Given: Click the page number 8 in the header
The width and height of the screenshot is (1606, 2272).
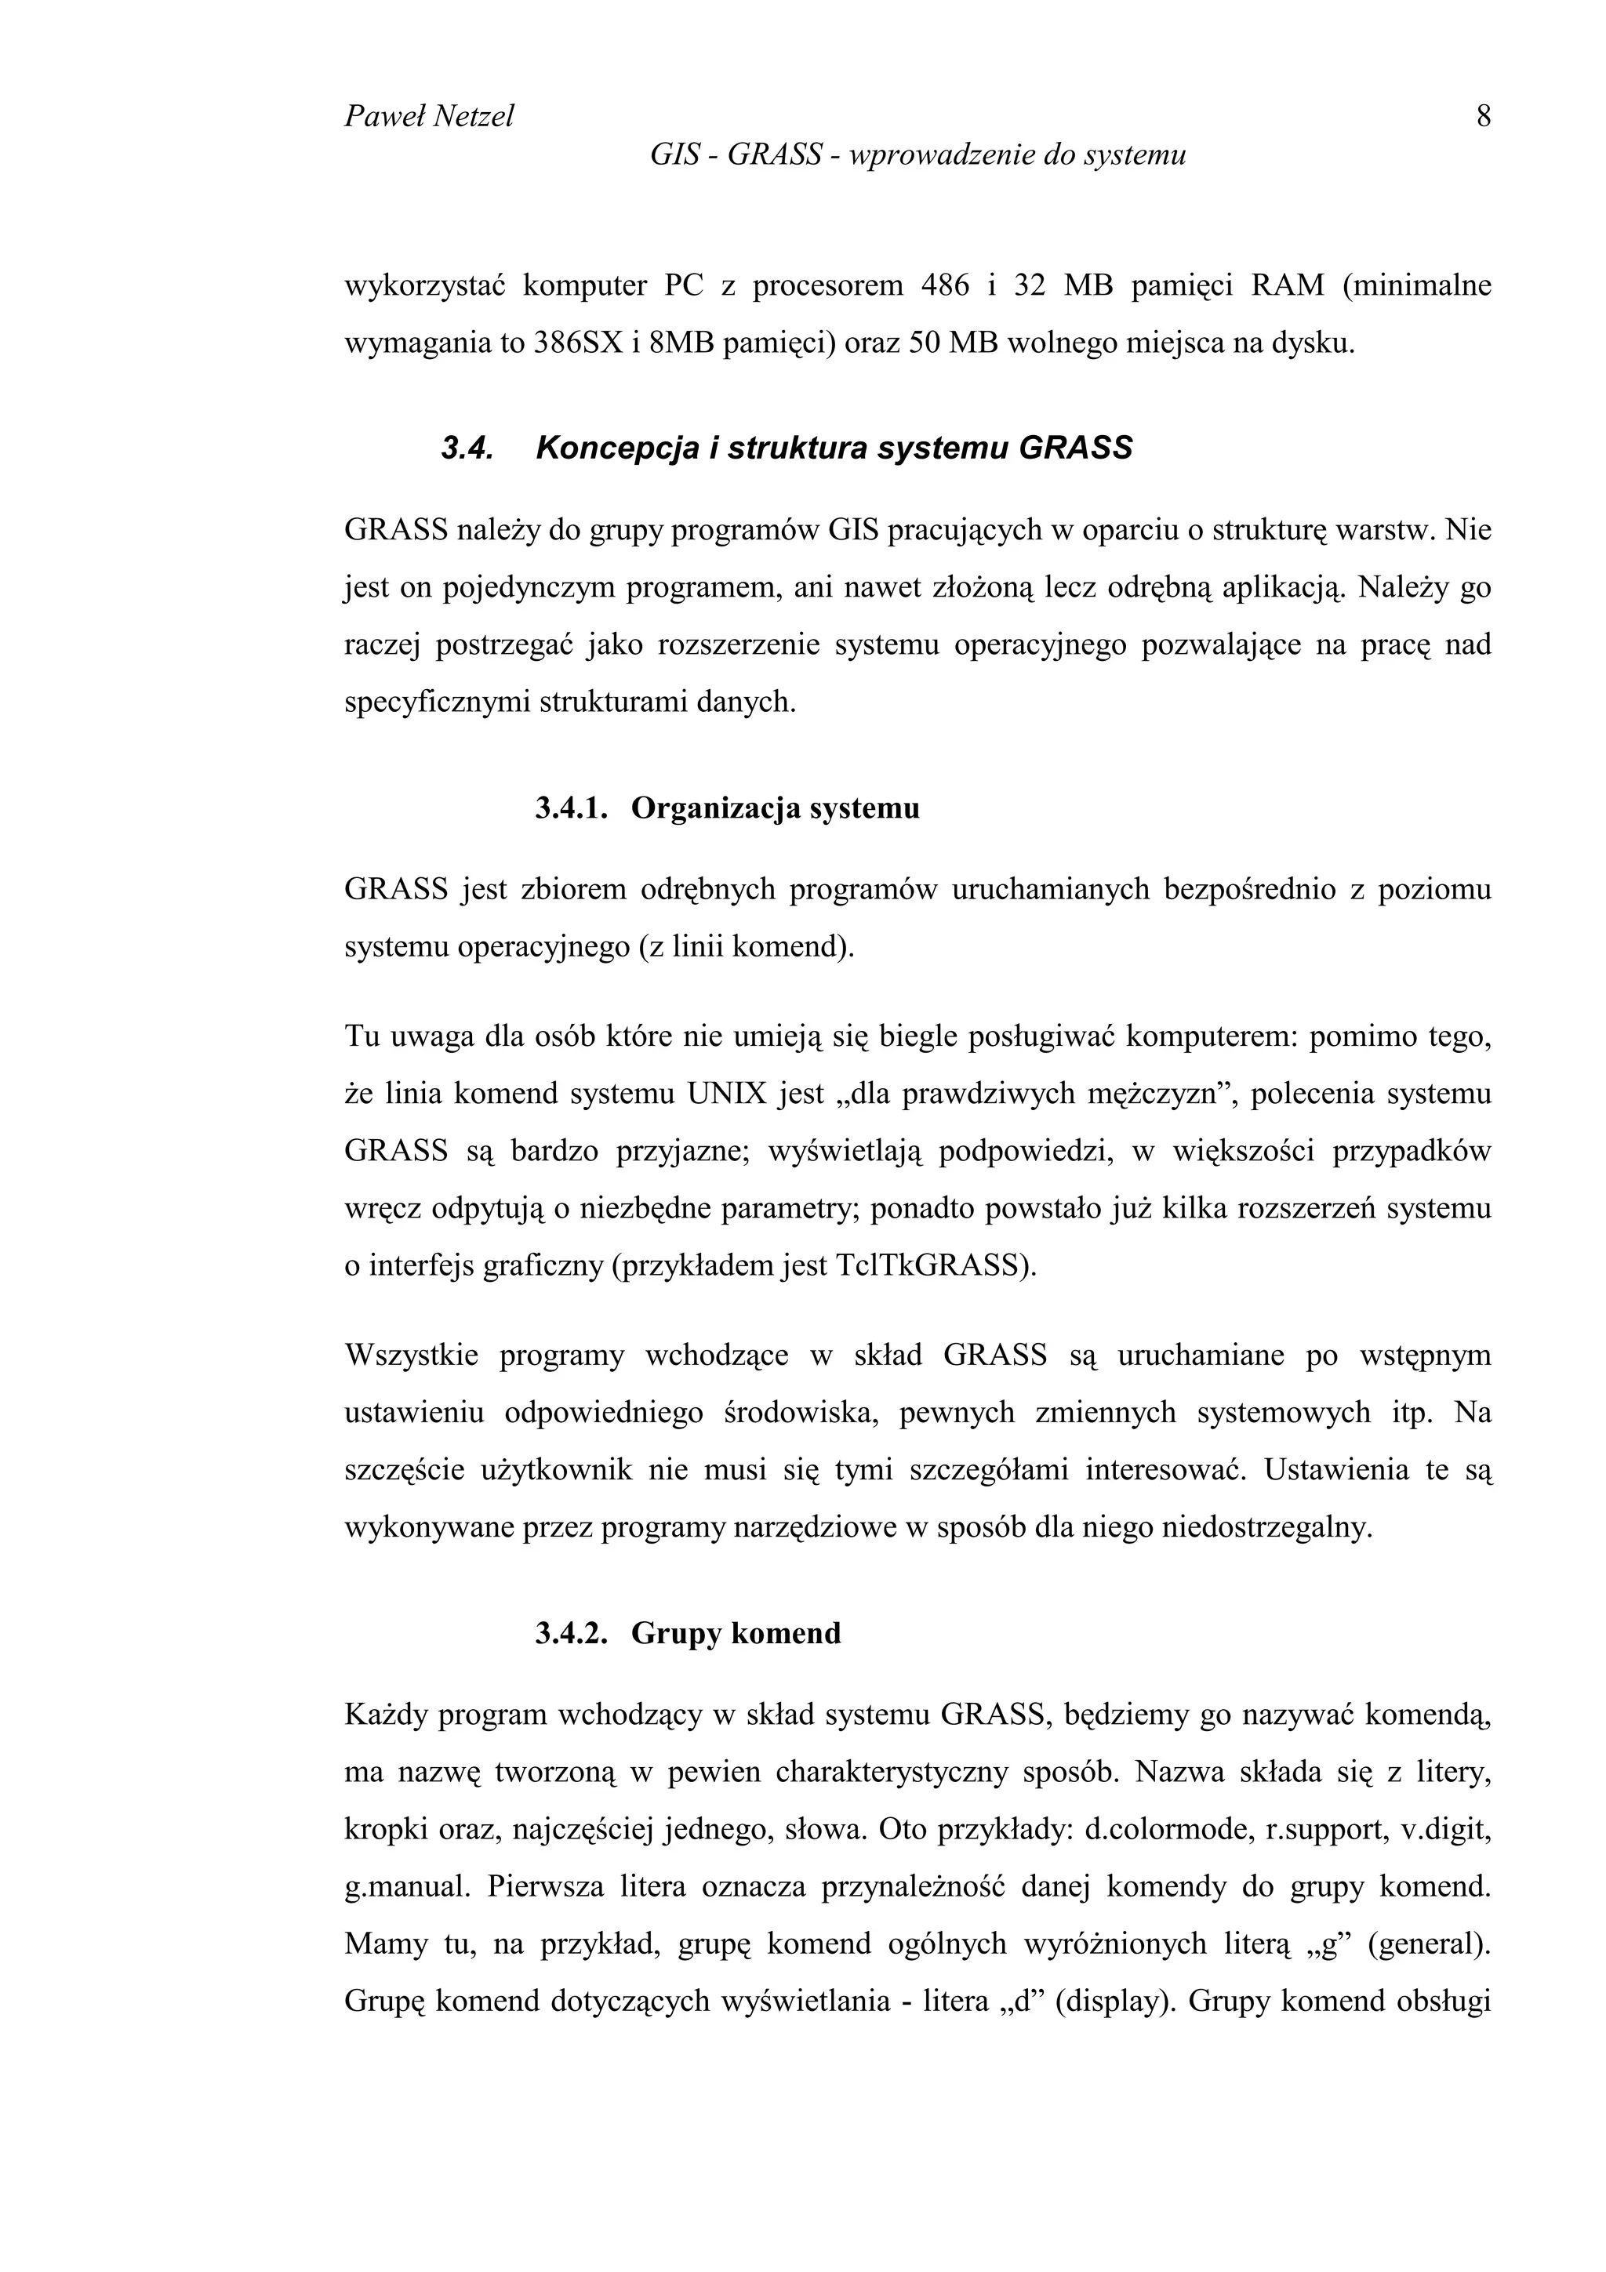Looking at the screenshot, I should click(x=1482, y=117).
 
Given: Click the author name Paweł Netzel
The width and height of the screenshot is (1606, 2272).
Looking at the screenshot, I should click(x=428, y=117).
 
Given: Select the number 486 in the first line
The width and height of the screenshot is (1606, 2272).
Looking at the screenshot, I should click(x=944, y=286).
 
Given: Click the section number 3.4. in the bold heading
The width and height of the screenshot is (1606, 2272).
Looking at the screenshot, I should click(x=467, y=449).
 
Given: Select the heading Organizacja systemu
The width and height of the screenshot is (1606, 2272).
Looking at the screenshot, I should click(x=775, y=808).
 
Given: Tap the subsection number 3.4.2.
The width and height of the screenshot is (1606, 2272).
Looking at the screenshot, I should click(x=571, y=1633).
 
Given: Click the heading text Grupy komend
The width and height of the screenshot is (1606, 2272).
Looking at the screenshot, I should click(x=736, y=1633).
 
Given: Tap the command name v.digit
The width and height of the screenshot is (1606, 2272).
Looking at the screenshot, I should click(x=1447, y=1830).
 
